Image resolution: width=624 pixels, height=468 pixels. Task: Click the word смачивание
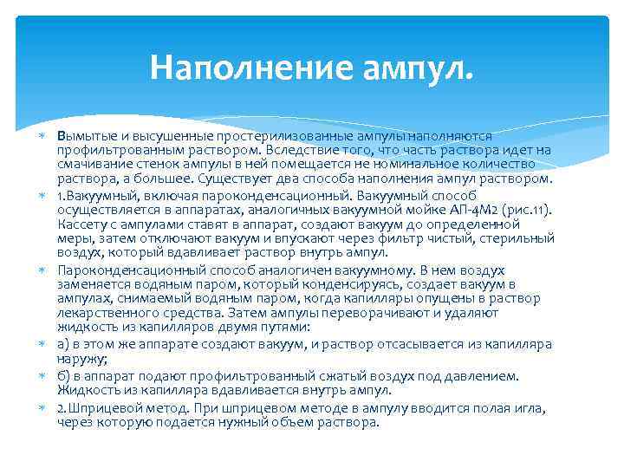pyautogui.click(x=95, y=166)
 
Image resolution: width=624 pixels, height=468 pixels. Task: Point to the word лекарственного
pyautogui.click(x=105, y=314)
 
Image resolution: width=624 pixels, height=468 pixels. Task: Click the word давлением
pyautogui.click(x=483, y=376)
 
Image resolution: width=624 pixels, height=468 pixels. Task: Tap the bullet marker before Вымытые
pyautogui.click(x=42, y=136)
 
